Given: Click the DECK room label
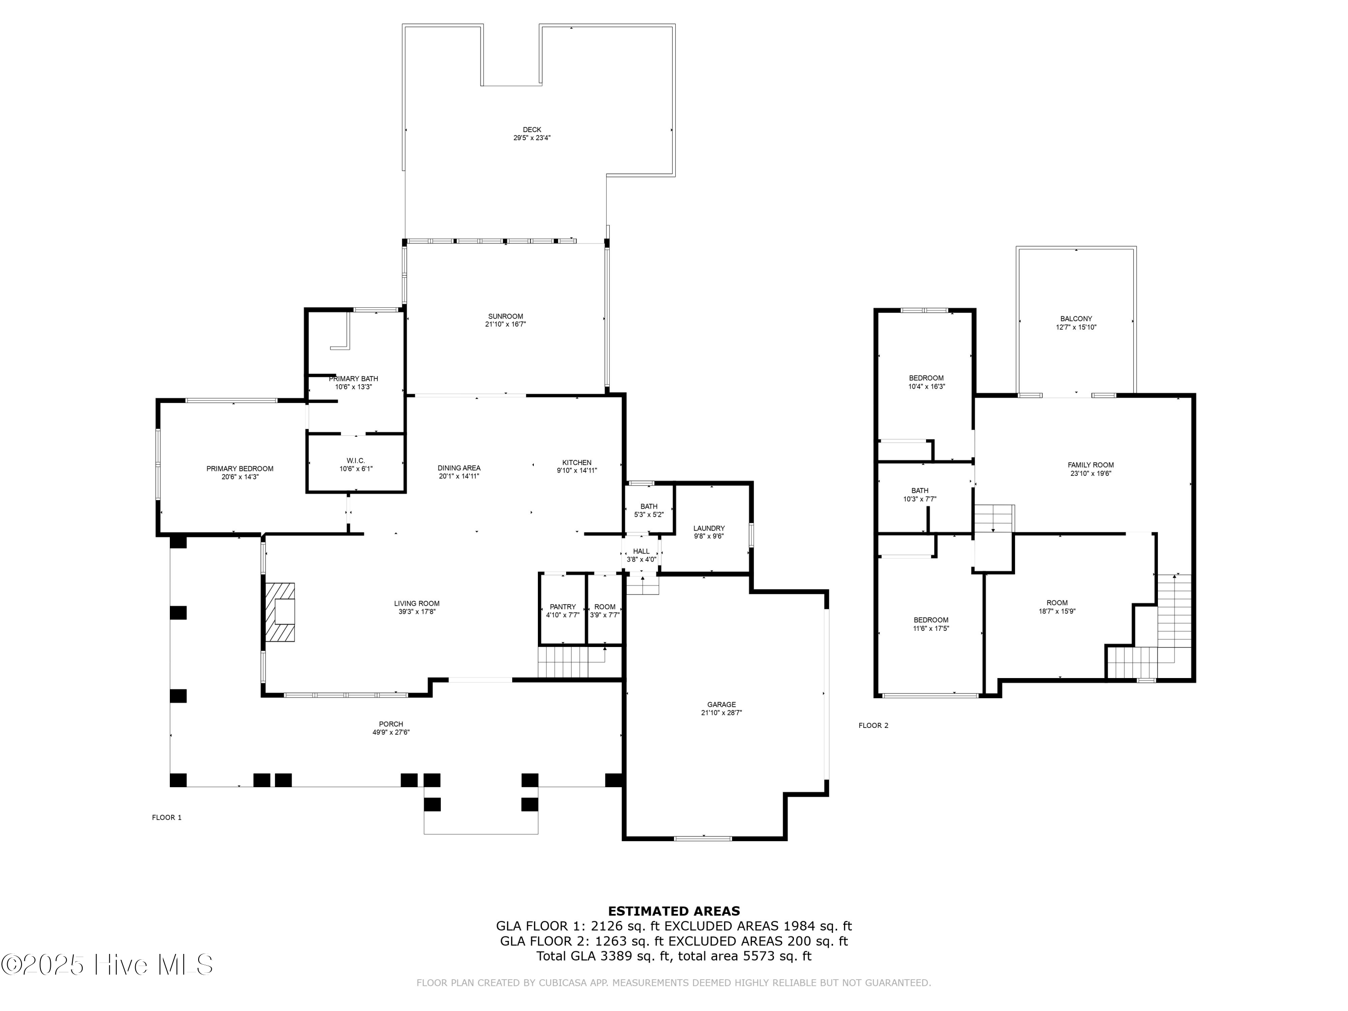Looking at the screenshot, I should pyautogui.click(x=532, y=130).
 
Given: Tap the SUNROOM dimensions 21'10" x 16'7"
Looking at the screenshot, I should pyautogui.click(x=505, y=325).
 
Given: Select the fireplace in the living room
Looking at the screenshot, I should pyautogui.click(x=280, y=612).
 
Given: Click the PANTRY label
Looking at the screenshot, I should pyautogui.click(x=563, y=607).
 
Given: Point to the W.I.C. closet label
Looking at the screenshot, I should pyautogui.click(x=355, y=461).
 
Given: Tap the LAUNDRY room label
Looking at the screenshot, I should pyautogui.click(x=709, y=528).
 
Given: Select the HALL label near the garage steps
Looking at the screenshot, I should pyautogui.click(x=641, y=551).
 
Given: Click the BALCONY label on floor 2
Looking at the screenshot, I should pyautogui.click(x=1076, y=319).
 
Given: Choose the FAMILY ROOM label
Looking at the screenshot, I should pyautogui.click(x=1090, y=465).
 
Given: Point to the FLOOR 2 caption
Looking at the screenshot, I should pyautogui.click(x=873, y=725).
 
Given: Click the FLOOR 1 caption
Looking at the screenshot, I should pyautogui.click(x=166, y=817).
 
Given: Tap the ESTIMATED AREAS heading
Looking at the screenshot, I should pyautogui.click(x=674, y=911).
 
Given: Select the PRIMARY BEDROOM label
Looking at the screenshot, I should pyautogui.click(x=239, y=469).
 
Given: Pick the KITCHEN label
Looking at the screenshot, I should pyautogui.click(x=576, y=462).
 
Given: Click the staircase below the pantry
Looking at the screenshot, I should pyautogui.click(x=564, y=662).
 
